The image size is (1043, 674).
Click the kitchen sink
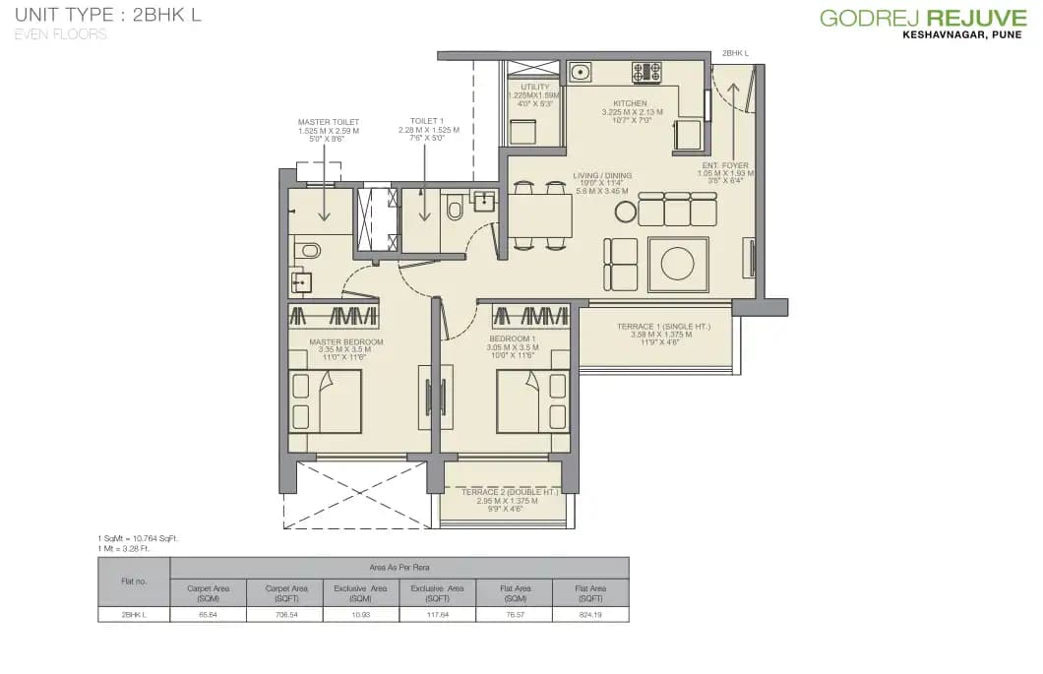click(x=581, y=72)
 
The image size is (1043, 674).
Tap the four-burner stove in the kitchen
click(x=647, y=72)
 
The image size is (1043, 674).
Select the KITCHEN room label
click(x=630, y=103)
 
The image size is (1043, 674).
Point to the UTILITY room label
click(x=535, y=88)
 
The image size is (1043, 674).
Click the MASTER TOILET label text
click(x=329, y=123)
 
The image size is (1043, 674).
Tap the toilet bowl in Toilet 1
click(x=455, y=209)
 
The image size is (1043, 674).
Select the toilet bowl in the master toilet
click(x=308, y=251)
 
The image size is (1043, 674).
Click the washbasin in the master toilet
click(x=301, y=283)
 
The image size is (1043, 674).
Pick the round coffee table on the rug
click(x=678, y=264)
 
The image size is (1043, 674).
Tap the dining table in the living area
click(x=539, y=215)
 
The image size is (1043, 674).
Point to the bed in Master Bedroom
click(x=325, y=401)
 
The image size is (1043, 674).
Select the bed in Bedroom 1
click(x=532, y=401)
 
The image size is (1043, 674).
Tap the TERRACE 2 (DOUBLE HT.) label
click(x=502, y=491)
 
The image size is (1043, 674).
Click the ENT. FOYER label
click(x=725, y=165)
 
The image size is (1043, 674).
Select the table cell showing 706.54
click(x=285, y=614)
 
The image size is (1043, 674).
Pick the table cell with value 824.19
click(x=589, y=614)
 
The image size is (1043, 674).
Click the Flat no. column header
click(x=134, y=581)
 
